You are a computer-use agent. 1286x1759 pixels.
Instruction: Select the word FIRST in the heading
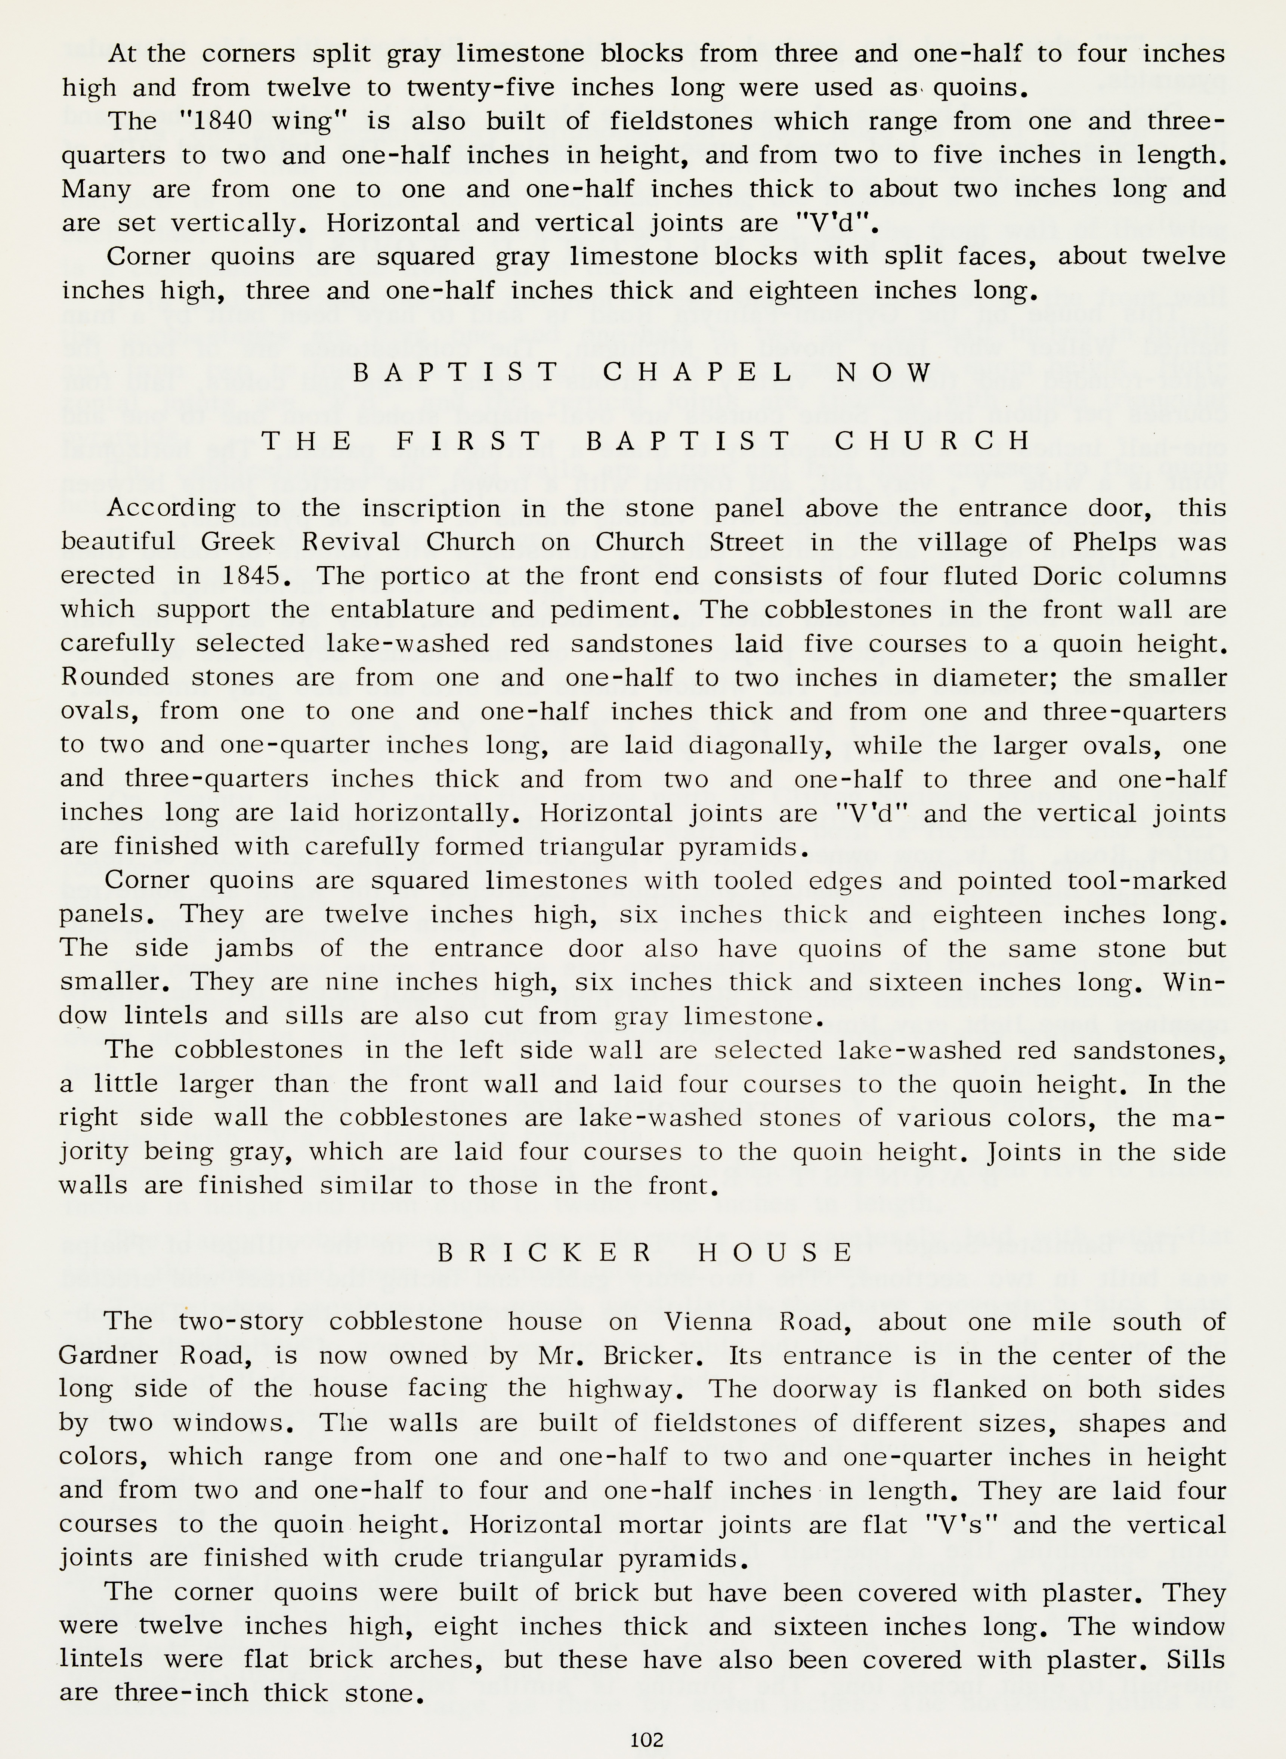click(x=468, y=441)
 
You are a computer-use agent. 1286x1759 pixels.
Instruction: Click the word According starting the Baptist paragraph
click(x=170, y=508)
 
